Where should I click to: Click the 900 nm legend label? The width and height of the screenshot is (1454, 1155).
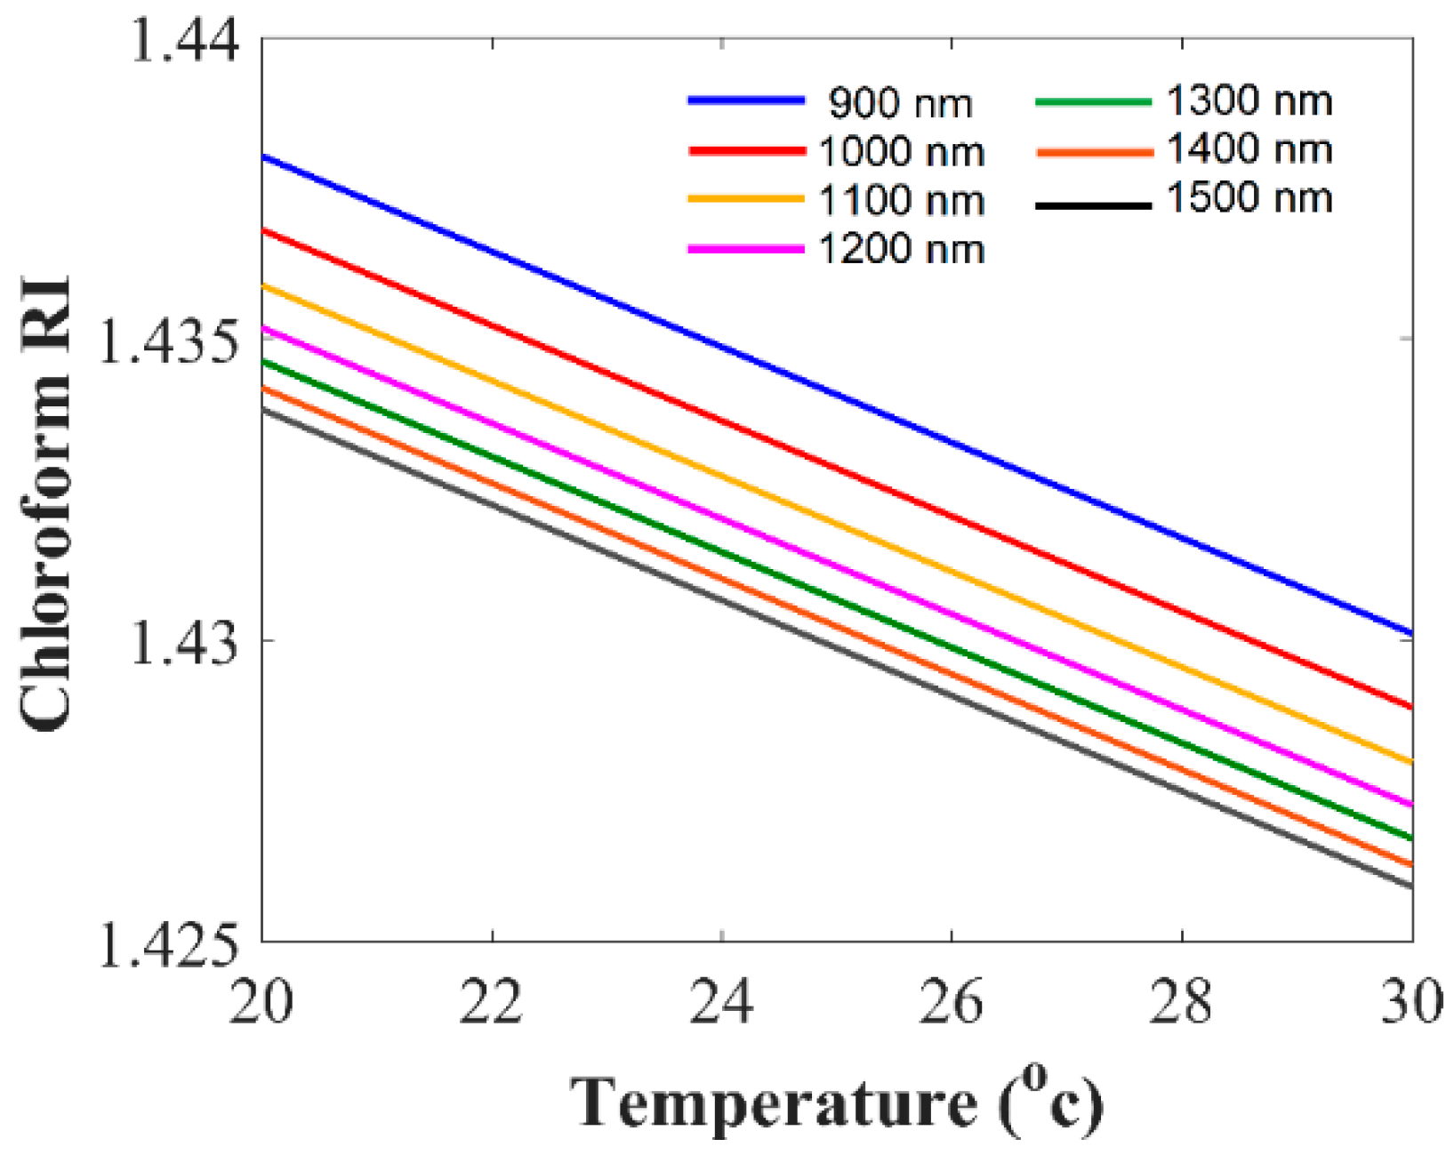coord(900,104)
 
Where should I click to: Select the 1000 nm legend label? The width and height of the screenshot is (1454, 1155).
coord(900,153)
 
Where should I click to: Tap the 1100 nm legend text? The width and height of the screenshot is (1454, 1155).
coord(900,201)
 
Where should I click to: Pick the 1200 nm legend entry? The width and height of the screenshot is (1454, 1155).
coord(900,250)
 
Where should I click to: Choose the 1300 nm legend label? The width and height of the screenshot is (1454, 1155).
coord(1249,101)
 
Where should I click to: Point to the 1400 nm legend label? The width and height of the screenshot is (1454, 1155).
coord(1249,149)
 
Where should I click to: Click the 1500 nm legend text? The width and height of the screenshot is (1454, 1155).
coord(1249,197)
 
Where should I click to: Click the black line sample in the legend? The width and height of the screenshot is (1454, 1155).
coord(1094,206)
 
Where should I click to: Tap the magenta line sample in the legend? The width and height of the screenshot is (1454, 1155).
coord(746,250)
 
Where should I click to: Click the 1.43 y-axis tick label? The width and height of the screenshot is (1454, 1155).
coord(184,642)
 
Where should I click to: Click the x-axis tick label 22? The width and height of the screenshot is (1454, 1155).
coord(492,1002)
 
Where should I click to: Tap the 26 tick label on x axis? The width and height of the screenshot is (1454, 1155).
coord(952,1002)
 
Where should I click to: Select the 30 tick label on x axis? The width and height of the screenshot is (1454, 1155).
coord(1411,1002)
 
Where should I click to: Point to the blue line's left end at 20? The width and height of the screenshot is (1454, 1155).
coord(263,156)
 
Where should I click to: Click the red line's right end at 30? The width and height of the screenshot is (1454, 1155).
coord(1410,707)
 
